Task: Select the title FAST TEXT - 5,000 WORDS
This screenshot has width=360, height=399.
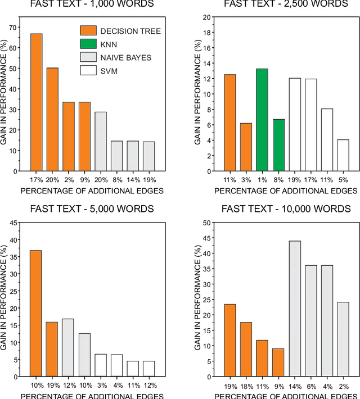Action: [93, 209]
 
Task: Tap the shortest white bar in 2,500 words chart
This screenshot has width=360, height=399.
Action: [343, 155]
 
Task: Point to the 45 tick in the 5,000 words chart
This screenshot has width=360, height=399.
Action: [12, 223]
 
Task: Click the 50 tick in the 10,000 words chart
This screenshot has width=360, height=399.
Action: [205, 223]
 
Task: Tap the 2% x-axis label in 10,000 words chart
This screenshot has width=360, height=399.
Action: [343, 387]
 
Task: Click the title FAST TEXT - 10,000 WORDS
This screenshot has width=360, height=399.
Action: [286, 209]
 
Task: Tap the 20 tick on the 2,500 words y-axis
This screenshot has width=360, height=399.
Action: [205, 17]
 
